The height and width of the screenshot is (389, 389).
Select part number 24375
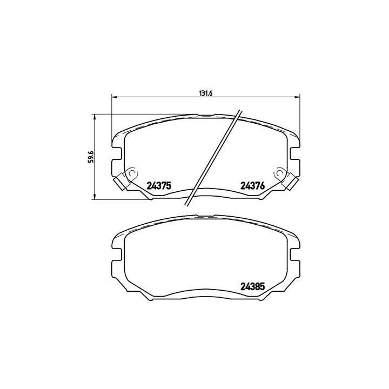pos(159,185)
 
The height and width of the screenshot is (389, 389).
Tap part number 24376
pos(252,185)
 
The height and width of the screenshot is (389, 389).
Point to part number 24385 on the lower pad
pos(252,288)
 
